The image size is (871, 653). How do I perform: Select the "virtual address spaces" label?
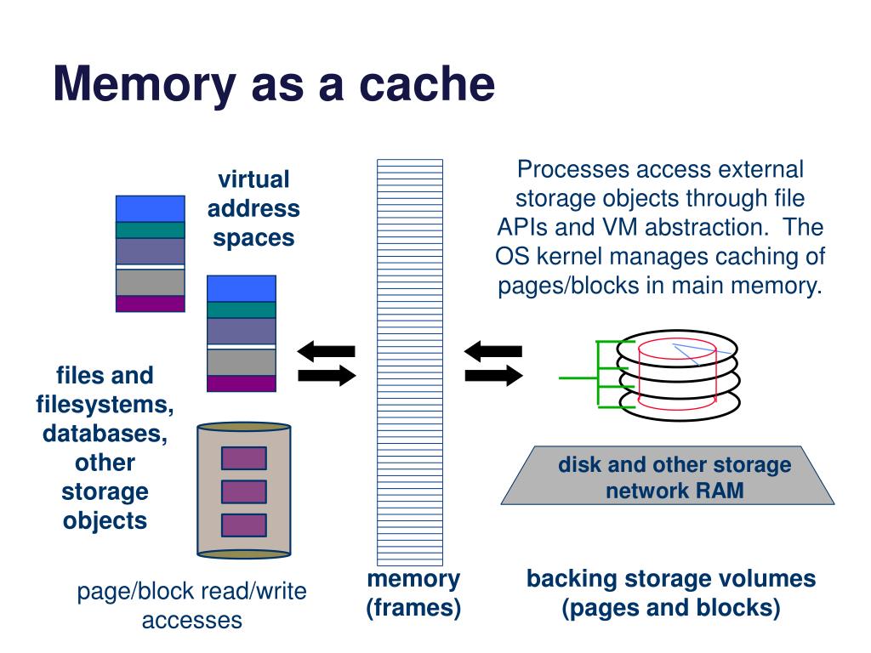pos(254,208)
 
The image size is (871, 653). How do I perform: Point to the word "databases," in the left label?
pos(105,434)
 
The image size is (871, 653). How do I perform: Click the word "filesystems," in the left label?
pos(105,405)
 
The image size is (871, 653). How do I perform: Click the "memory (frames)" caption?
pos(413,593)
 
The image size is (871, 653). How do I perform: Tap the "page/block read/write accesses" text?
pos(192,605)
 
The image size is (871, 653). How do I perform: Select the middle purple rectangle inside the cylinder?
pos(244,491)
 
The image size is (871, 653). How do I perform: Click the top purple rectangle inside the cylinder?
pos(244,458)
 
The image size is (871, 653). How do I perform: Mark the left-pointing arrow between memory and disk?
pos(493,350)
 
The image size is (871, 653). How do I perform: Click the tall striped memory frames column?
pos(410,361)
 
